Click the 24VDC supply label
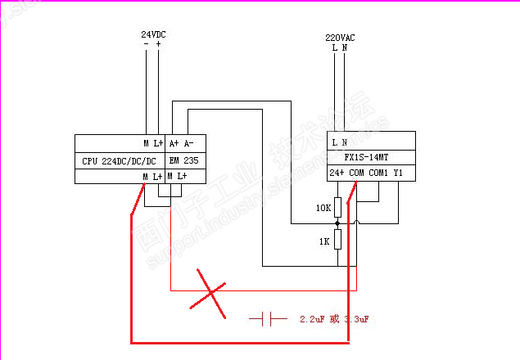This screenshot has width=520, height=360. tap(153, 34)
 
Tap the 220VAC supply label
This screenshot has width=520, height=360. tap(339, 38)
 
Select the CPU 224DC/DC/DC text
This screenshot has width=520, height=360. tap(118, 160)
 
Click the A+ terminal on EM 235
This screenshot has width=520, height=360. tap(174, 142)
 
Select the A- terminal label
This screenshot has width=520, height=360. tap(188, 142)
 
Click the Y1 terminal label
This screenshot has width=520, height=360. tap(398, 173)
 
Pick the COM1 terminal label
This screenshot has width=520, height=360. tap(378, 173)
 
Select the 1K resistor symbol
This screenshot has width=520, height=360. tap(337, 243)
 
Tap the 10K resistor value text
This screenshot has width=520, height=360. tap(323, 208)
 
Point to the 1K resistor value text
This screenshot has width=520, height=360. tap(323, 243)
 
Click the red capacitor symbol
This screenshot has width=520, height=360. tap(267, 318)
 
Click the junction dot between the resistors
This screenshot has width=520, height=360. tap(337, 223)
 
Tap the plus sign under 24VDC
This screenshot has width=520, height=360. tap(158, 44)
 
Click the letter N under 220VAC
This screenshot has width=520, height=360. tap(344, 47)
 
